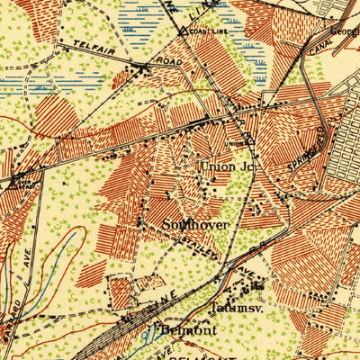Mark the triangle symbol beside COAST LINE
point(183,31)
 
